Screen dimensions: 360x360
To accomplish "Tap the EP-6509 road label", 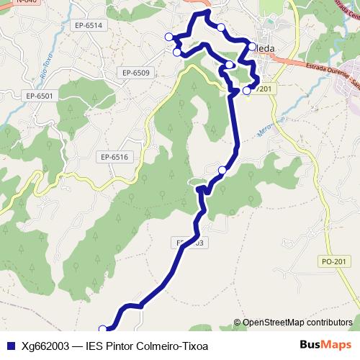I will click(135, 73).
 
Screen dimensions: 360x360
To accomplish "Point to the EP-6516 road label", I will click(114, 156).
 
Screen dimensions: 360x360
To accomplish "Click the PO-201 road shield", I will click(335, 261).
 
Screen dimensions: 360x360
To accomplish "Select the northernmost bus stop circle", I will click(221, 27).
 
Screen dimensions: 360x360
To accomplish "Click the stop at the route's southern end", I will click(102, 329).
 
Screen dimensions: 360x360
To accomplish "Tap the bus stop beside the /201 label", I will click(247, 91).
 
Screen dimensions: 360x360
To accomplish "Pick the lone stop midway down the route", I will click(222, 170).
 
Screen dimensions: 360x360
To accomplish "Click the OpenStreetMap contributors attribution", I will click(297, 323).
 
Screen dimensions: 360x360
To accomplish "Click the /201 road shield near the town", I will click(264, 89).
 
